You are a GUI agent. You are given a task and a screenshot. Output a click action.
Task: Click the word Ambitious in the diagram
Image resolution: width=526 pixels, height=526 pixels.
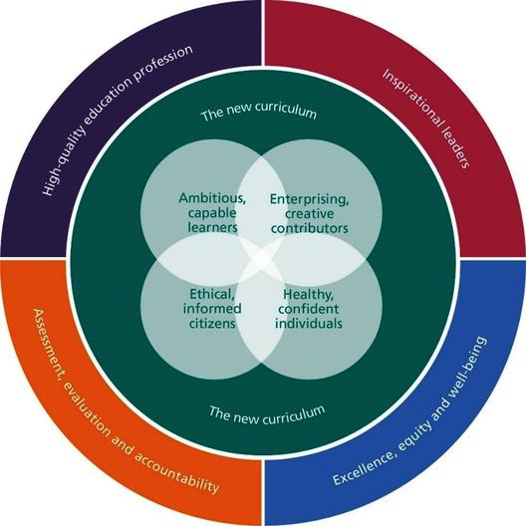(x=212, y=198)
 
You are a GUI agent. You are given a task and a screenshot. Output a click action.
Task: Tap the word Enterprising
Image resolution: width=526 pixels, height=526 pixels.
(x=309, y=199)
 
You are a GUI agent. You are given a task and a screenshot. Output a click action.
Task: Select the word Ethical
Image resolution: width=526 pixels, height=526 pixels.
(x=212, y=294)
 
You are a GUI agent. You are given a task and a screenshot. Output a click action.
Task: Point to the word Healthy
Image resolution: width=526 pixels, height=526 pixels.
(x=308, y=295)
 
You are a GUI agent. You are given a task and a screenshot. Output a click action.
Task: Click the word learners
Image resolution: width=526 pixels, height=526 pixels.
(x=212, y=227)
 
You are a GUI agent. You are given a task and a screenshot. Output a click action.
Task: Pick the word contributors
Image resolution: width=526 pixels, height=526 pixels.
(x=310, y=228)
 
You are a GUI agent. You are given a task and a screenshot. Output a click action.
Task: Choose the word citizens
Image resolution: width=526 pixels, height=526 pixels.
(x=212, y=324)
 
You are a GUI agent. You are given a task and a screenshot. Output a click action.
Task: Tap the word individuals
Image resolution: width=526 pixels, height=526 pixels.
(x=309, y=324)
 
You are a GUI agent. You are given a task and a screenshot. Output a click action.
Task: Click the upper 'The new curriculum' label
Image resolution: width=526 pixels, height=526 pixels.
(x=259, y=111)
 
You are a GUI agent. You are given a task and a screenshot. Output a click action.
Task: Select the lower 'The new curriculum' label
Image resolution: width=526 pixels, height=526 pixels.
(x=267, y=414)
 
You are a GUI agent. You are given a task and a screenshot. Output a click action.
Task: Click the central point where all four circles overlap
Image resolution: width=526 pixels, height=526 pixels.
(x=261, y=259)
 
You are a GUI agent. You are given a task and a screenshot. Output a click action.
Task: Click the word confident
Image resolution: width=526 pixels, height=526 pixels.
(x=309, y=309)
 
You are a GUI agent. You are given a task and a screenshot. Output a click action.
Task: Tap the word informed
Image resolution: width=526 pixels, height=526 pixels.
(x=212, y=308)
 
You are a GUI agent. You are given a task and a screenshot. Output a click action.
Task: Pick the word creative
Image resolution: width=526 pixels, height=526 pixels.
(x=310, y=214)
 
